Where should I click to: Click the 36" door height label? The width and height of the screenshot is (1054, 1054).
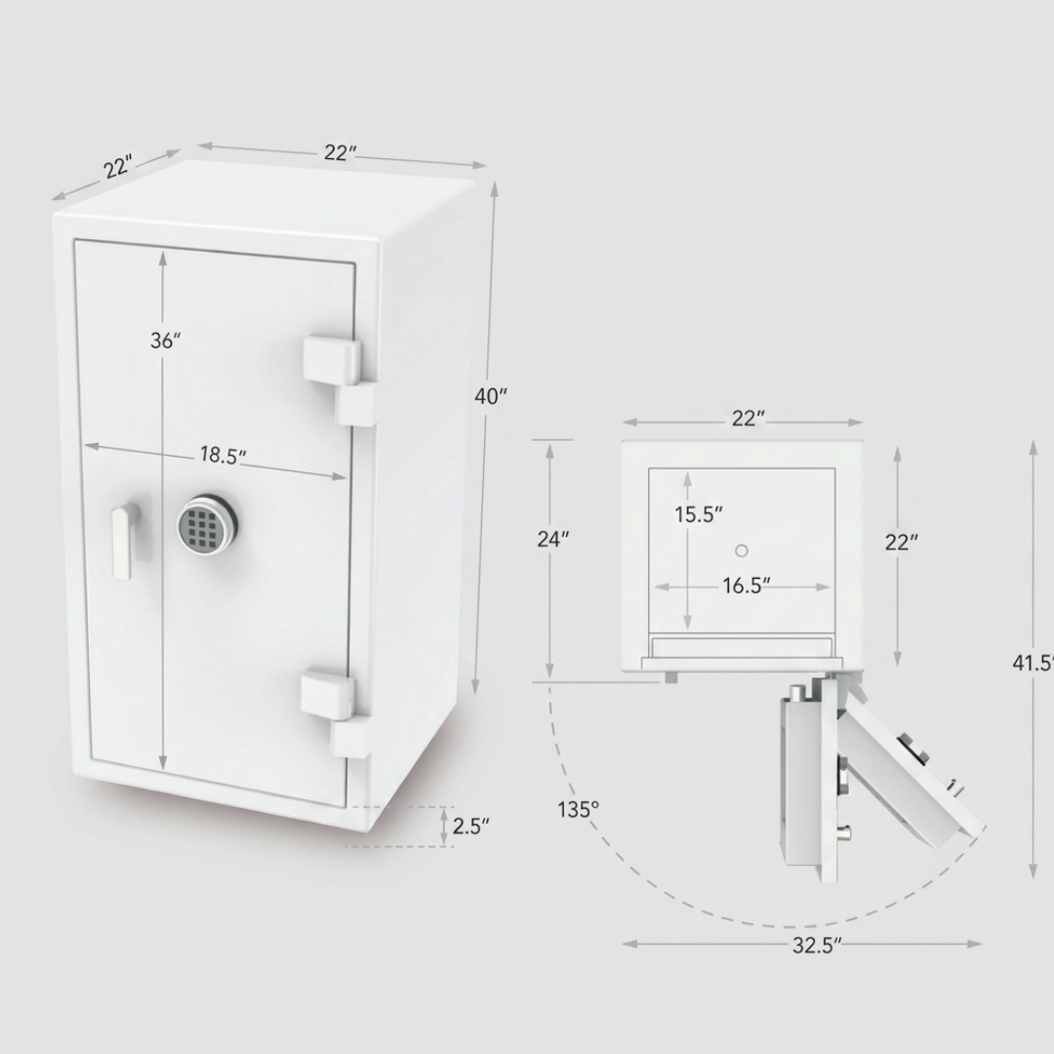coord(165,341)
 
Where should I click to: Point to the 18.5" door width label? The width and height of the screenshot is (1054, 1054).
coord(223,456)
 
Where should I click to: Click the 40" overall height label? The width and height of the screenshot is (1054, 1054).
coord(491,396)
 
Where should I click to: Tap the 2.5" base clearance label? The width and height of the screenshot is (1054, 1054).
coord(470,827)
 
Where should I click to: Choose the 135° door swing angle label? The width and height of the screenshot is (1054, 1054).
coord(578,809)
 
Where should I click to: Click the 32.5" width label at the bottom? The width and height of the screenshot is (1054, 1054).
coord(817,945)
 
